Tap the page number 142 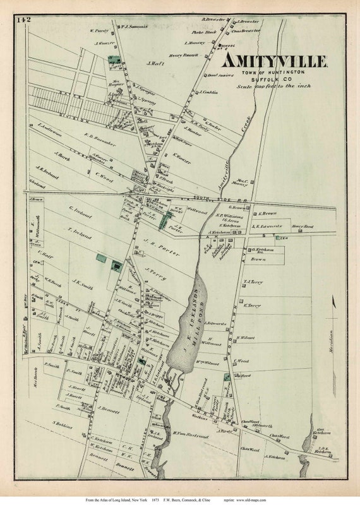tap(25, 21)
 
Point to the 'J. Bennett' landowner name tap(109, 408)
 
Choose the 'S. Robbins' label tap(64, 424)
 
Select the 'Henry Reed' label tap(303, 225)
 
